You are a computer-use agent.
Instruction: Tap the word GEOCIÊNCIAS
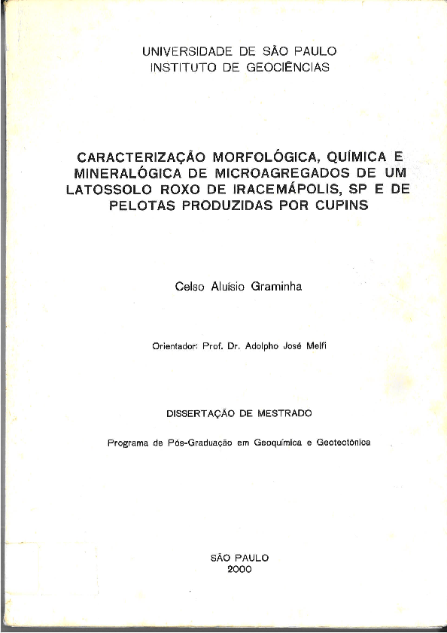point(287,67)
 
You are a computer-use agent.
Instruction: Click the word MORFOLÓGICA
point(266,157)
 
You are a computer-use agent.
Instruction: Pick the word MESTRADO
point(284,413)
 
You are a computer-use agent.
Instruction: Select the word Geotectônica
point(344,443)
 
